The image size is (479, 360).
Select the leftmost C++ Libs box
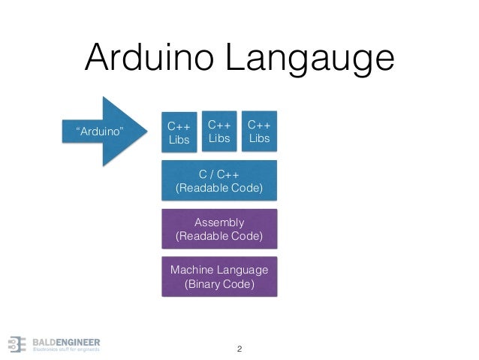tap(178, 132)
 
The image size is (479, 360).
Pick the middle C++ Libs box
tap(218, 130)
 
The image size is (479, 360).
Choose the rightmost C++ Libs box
tap(258, 130)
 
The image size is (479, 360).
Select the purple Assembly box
tap(219, 228)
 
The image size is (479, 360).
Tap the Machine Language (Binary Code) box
tap(219, 277)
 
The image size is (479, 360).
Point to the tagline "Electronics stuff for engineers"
tap(65, 349)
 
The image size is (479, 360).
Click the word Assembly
tap(219, 222)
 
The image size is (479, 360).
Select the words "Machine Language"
tap(219, 270)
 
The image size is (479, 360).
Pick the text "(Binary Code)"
tap(219, 285)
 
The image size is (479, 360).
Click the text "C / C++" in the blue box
tap(219, 174)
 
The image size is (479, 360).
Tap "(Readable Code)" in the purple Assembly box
tap(219, 236)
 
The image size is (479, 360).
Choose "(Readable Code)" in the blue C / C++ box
tap(219, 188)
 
